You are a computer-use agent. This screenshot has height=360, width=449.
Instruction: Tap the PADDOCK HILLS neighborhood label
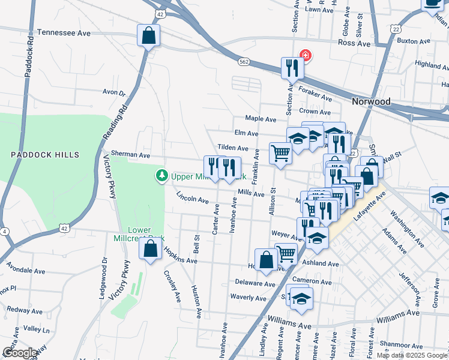coord(45,155)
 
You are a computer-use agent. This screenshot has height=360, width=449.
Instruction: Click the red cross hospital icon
coord(306,55)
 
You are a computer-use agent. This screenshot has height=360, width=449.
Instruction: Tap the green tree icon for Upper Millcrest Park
coord(161,176)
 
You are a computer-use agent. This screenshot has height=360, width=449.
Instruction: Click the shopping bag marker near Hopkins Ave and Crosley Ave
coord(151,248)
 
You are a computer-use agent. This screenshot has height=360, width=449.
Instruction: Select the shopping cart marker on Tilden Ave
coord(280,153)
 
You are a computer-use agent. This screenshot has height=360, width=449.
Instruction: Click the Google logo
coord(20,353)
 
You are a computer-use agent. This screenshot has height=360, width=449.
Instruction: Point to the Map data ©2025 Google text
coord(412,355)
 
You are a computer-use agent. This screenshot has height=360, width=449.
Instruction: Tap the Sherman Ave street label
coord(130,155)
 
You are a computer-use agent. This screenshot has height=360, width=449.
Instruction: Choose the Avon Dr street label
coord(114,92)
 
